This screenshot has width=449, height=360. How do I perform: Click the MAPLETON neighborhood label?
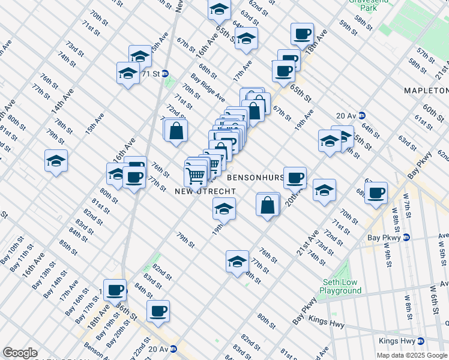426,91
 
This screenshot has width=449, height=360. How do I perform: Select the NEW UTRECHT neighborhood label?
200,191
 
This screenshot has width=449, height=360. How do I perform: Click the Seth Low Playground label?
340,286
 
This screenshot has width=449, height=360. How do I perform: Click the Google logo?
20,352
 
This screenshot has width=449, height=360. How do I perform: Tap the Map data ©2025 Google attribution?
412,355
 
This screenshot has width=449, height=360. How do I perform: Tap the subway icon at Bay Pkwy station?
406,237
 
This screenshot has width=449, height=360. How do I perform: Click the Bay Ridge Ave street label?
208,88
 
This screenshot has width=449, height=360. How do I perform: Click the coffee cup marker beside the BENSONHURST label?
295,177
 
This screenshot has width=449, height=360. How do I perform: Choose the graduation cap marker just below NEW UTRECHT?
224,208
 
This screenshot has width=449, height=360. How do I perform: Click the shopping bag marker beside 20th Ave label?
268,204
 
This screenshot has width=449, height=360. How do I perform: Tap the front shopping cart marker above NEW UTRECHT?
196,176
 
